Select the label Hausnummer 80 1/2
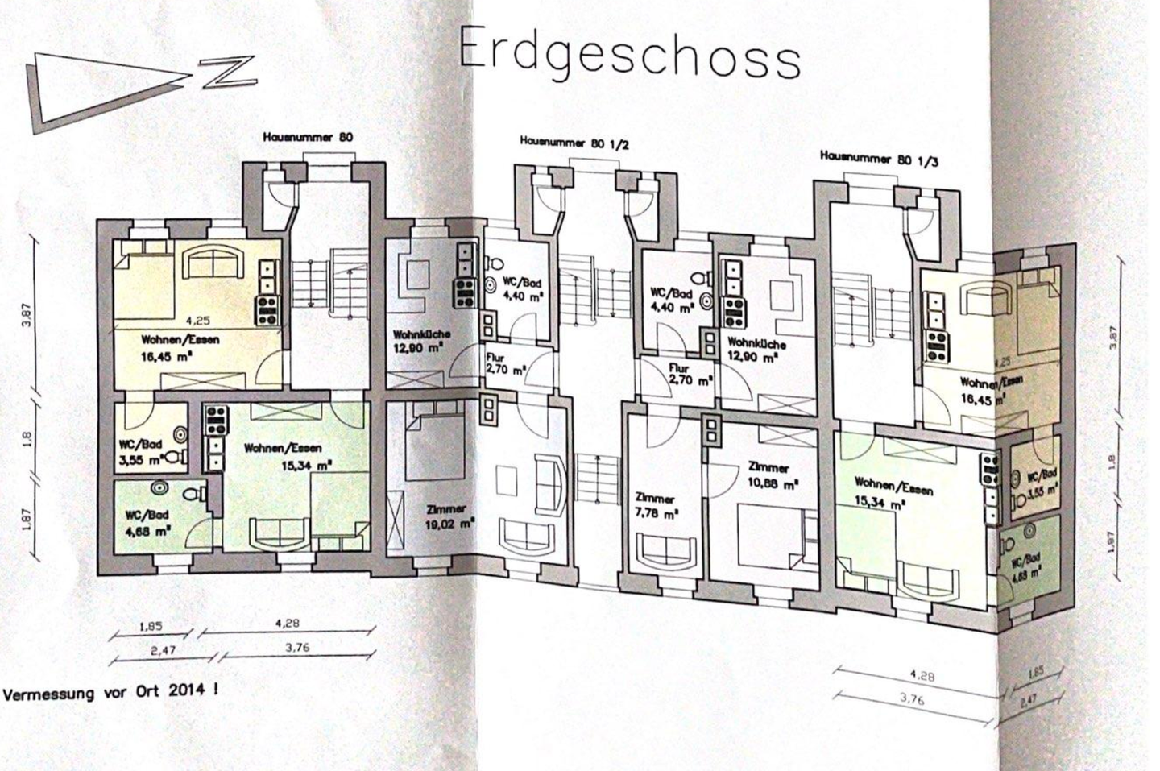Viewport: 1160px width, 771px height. pos(574,143)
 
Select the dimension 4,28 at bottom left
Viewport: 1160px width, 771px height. pos(286,623)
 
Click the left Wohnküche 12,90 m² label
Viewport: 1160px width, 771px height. pos(420,341)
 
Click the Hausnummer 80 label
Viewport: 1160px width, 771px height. pos(308,138)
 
